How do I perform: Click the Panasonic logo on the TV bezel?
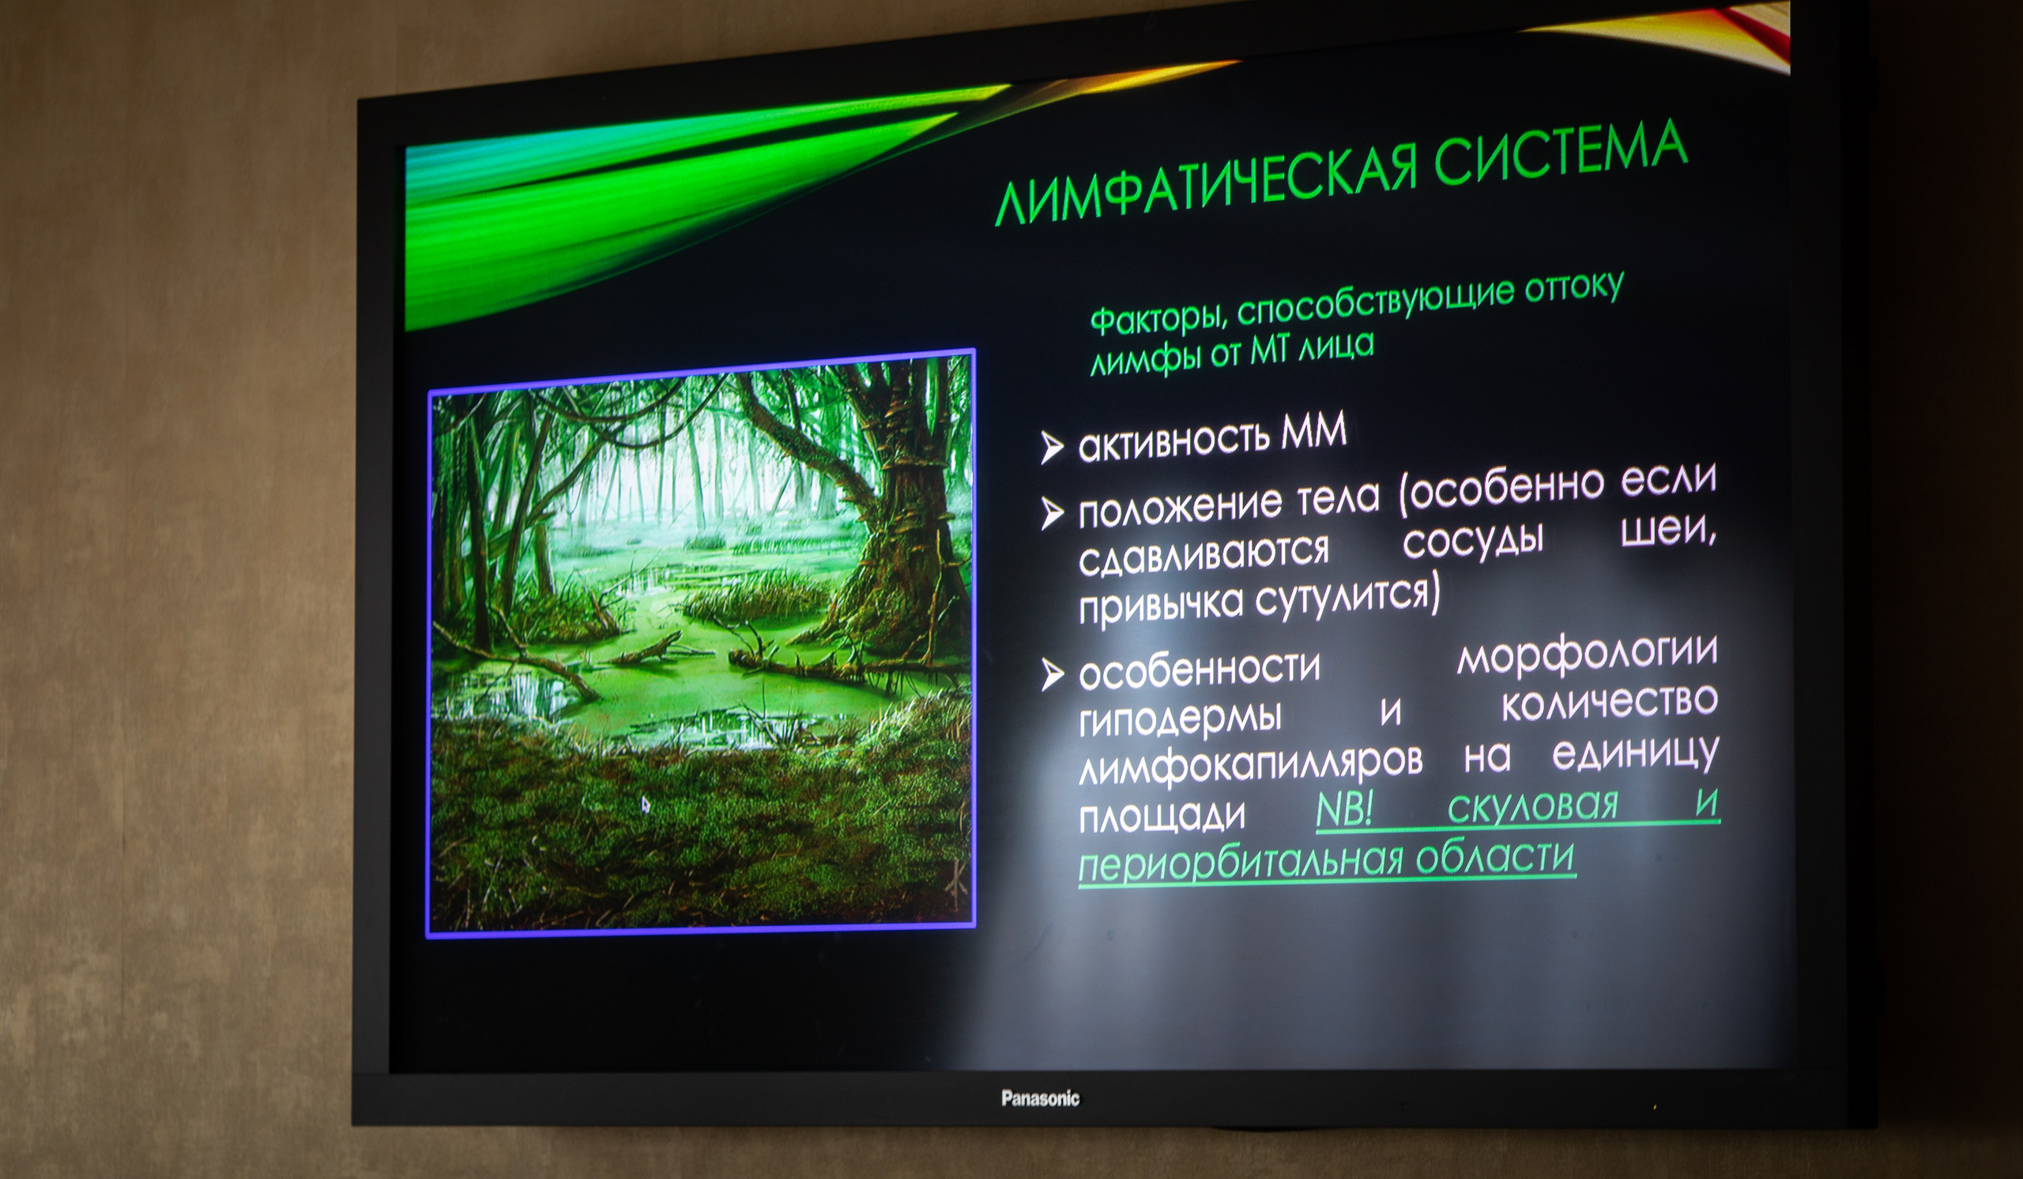point(1040,1098)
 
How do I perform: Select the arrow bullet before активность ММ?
point(1051,447)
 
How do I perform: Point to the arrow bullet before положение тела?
point(1051,512)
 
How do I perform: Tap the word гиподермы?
point(1179,717)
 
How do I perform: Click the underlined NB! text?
point(1345,810)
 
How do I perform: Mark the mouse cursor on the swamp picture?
point(646,804)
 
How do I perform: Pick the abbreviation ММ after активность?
point(1313,433)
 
